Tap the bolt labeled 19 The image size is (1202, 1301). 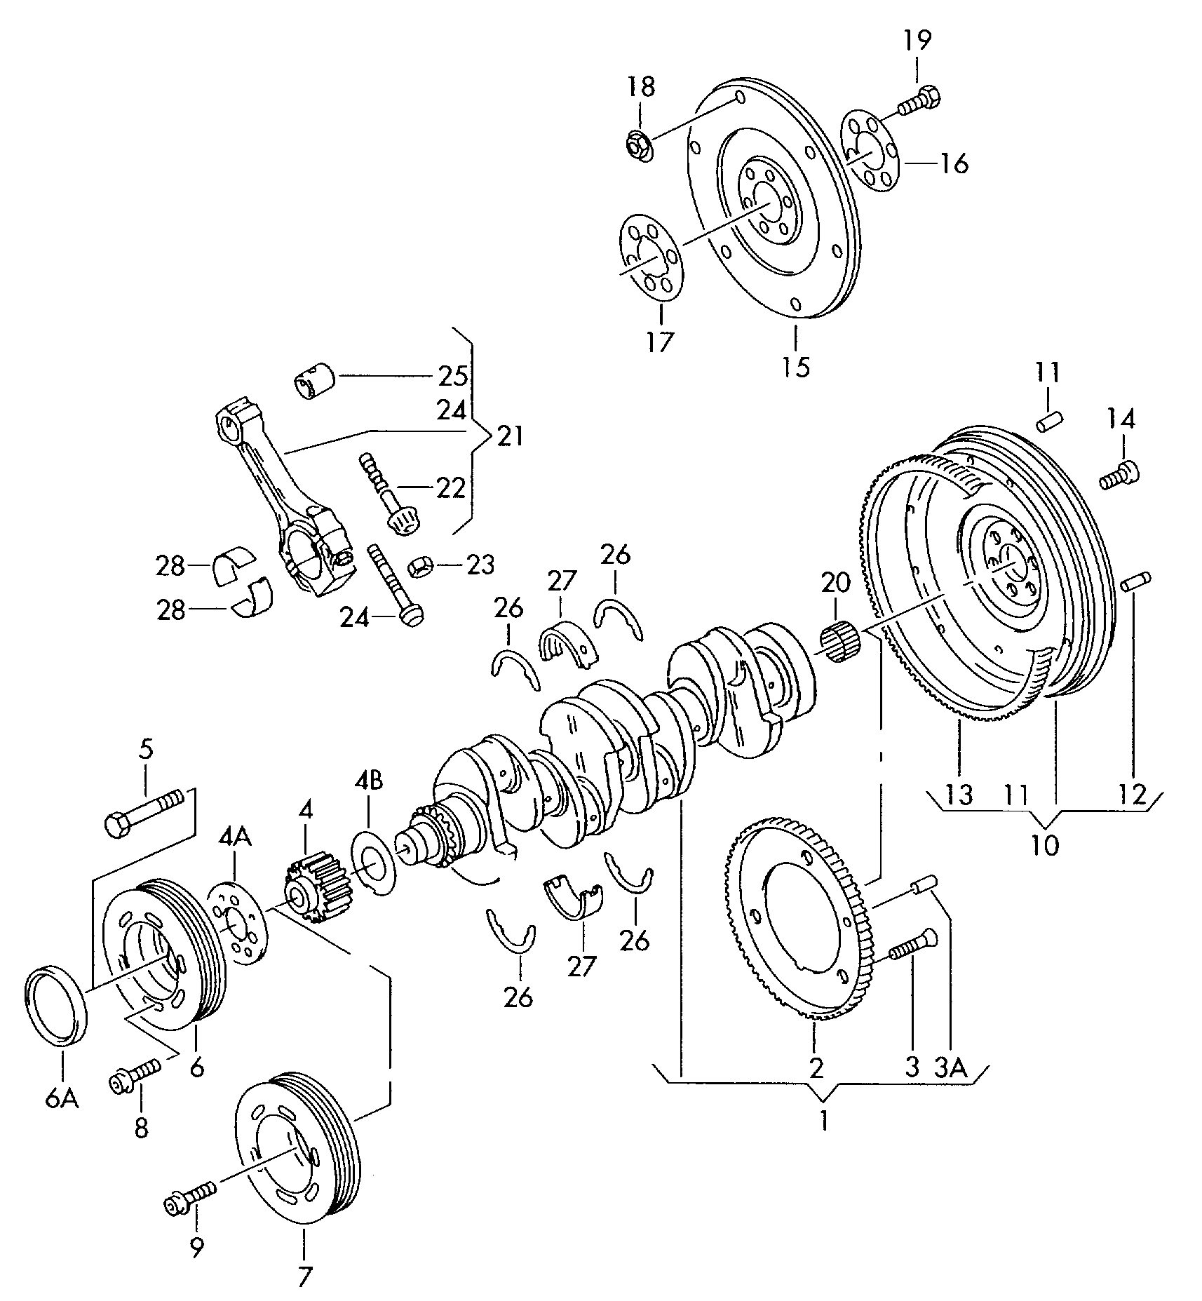[919, 100]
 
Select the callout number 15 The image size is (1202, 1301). [796, 366]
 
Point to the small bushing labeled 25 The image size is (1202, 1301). [313, 380]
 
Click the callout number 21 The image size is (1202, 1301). [510, 437]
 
